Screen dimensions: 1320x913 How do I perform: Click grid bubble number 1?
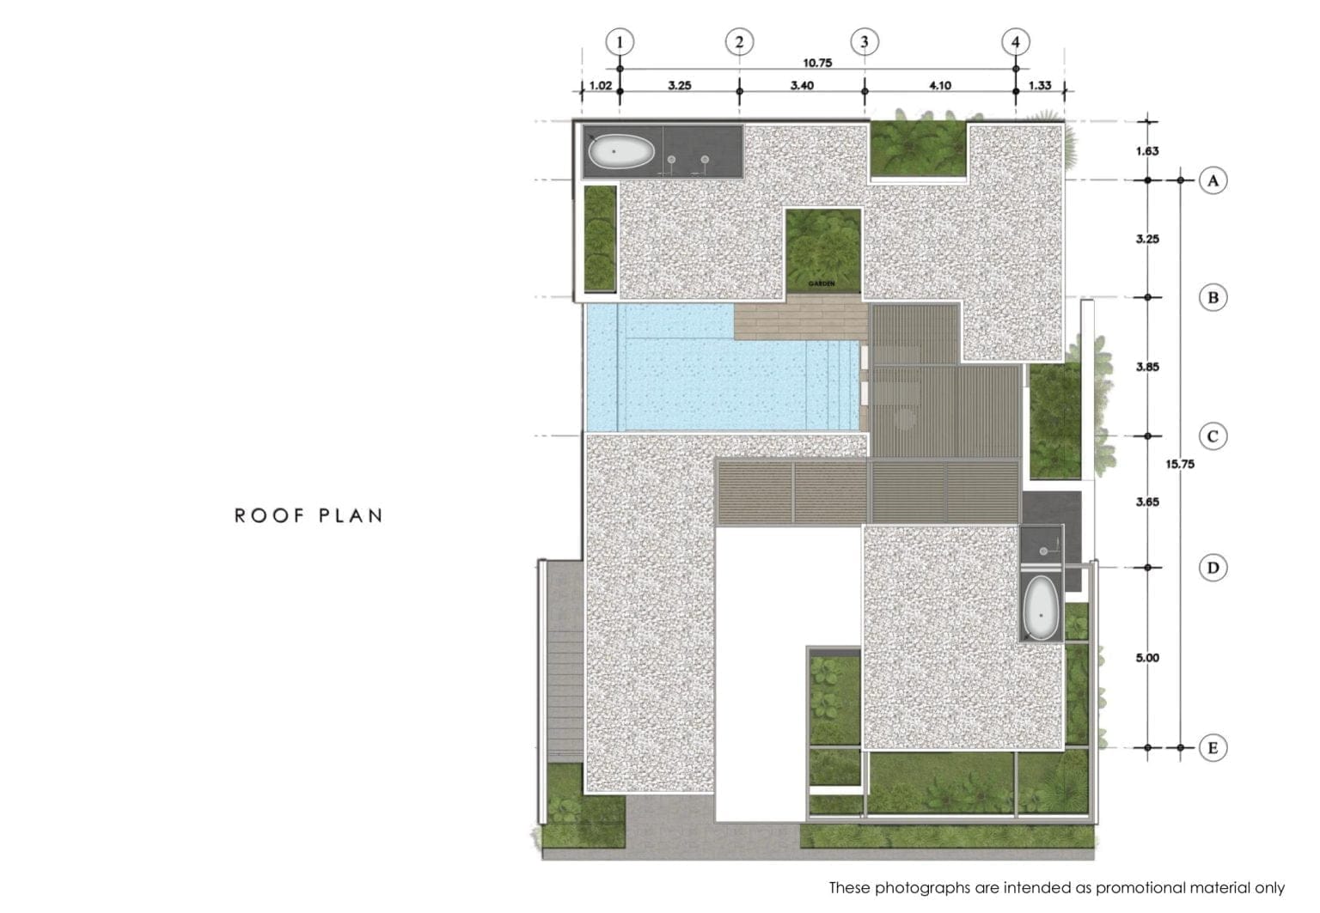620,42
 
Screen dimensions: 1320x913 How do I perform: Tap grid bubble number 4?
1015,42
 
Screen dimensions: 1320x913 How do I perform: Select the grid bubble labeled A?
1213,180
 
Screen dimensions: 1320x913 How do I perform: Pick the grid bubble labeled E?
1213,747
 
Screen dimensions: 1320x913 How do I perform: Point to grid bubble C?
1213,436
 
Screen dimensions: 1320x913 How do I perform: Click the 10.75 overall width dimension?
817,63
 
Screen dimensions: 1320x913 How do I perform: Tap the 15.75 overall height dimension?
1180,464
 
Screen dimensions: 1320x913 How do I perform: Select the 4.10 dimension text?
940,85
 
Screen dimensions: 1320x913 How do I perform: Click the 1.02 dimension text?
601,85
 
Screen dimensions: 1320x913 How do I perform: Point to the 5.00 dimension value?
1147,657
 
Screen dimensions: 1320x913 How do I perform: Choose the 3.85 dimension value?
1147,367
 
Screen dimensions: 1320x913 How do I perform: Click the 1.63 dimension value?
1147,151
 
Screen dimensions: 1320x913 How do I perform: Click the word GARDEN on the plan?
822,283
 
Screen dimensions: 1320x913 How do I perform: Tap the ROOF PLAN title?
309,516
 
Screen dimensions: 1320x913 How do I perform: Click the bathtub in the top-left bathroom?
621,151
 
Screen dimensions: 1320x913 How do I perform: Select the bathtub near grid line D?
1042,608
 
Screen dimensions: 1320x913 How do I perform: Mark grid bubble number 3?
865,42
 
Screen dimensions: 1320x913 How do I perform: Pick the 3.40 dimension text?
802,85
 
